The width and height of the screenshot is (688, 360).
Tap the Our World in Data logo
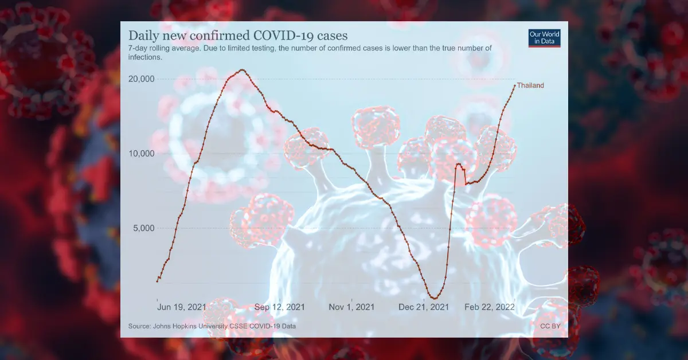[544, 38]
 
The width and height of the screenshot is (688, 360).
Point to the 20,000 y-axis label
[140, 79]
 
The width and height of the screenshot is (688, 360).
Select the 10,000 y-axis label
[140, 153]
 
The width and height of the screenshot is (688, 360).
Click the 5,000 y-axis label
[142, 228]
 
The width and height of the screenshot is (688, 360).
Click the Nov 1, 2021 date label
[351, 307]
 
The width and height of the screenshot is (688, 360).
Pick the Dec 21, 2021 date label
[424, 307]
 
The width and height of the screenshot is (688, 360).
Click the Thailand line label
[530, 85]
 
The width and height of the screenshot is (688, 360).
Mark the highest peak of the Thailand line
[243, 70]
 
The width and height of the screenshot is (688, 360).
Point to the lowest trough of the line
[434, 298]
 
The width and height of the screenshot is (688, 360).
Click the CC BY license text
[549, 326]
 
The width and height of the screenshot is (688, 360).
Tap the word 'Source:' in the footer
[139, 326]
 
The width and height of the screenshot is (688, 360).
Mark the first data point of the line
[157, 281]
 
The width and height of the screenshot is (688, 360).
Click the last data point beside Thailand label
[514, 85]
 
